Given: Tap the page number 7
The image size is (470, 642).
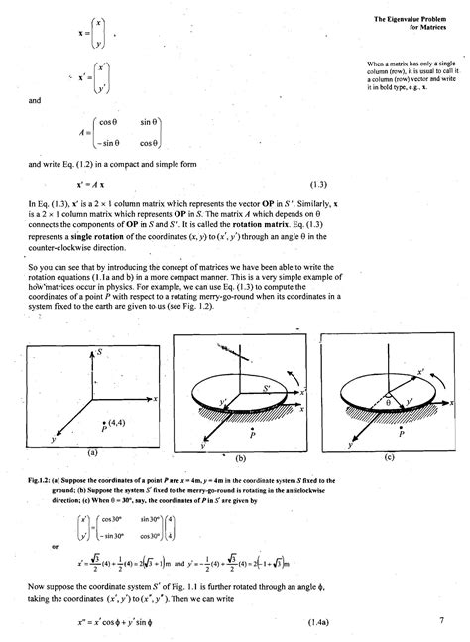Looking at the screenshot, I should click(x=441, y=621).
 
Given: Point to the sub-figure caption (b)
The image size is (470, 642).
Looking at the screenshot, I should click(x=238, y=459).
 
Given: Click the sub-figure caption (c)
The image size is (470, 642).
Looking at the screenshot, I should click(x=389, y=457).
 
